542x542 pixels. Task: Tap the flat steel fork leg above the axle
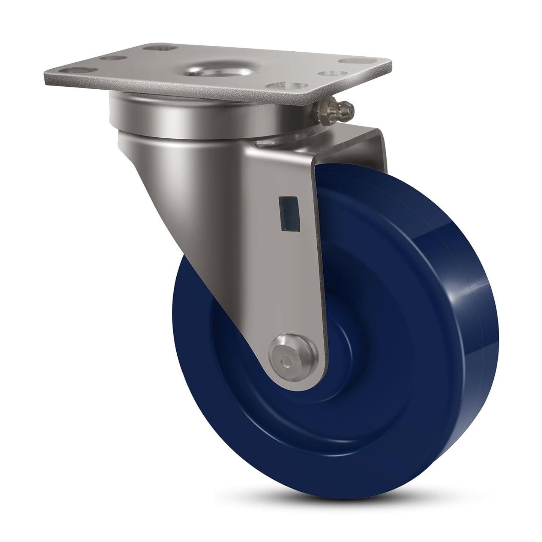tap(285, 281)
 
